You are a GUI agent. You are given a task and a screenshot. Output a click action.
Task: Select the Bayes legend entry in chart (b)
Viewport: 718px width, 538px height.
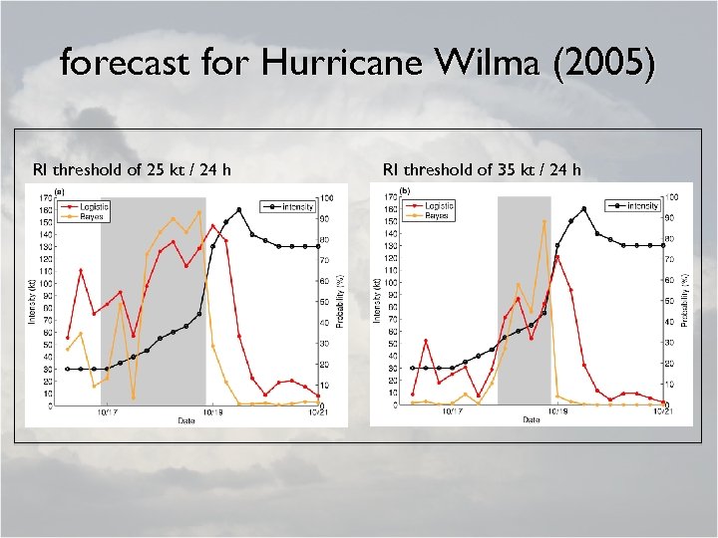pyautogui.click(x=437, y=215)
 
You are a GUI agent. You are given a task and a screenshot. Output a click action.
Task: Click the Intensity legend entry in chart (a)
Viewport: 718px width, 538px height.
pyautogui.click(x=298, y=206)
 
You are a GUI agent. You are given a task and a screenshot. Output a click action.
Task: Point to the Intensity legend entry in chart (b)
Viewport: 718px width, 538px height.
pyautogui.click(x=643, y=206)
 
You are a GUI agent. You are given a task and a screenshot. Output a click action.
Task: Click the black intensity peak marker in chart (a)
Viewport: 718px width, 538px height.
pyautogui.click(x=239, y=209)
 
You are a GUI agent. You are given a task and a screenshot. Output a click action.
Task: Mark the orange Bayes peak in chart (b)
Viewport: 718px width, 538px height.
pyautogui.click(x=544, y=221)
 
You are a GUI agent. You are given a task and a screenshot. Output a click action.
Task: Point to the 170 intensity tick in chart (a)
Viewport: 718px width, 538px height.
pyautogui.click(x=47, y=197)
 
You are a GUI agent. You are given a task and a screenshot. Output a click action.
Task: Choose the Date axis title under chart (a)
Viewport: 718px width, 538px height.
pyautogui.click(x=186, y=420)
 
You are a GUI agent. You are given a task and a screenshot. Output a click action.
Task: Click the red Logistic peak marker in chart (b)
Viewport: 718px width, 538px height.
pyautogui.click(x=557, y=257)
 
